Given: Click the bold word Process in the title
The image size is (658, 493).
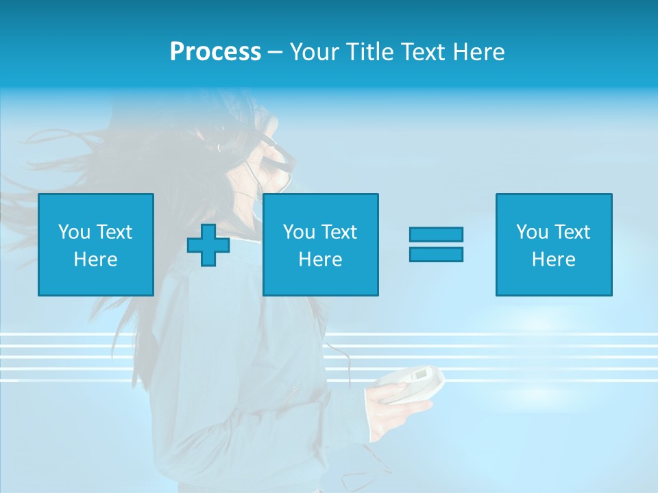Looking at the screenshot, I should (215, 52).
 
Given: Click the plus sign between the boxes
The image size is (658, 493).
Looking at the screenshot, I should (208, 245).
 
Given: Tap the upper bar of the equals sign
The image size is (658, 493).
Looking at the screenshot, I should (436, 234).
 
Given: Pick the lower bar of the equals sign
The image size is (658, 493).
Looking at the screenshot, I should (436, 254).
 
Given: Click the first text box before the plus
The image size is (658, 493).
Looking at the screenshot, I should (95, 244).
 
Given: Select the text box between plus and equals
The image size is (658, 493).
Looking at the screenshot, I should (320, 244).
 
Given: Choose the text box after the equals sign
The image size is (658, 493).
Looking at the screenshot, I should (553, 244).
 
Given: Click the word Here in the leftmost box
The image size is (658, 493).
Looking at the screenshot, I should (95, 260).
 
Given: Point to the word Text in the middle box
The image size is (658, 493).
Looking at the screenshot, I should (339, 232).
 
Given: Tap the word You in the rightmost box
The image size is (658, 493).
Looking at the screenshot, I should (532, 232).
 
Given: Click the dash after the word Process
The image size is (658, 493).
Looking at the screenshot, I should (275, 52).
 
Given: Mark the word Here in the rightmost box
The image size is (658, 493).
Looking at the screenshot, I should (553, 260).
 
